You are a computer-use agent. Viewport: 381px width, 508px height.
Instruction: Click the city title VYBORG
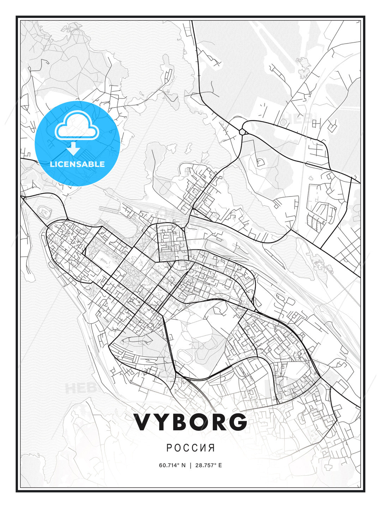[x=190, y=422]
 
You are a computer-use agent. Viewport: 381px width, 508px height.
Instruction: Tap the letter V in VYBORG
[x=144, y=422]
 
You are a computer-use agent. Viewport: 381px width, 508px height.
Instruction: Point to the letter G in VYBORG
[x=237, y=422]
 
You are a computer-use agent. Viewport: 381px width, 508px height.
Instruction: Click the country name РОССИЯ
[x=190, y=448]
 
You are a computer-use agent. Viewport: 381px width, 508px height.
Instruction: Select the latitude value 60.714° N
[x=172, y=465]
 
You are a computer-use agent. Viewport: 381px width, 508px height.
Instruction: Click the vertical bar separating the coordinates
[x=190, y=465]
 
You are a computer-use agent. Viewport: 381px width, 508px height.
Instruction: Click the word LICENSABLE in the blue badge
[x=77, y=164]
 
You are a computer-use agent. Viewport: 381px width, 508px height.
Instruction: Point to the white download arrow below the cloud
[x=73, y=148]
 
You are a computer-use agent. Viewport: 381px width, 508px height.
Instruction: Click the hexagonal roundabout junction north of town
[x=243, y=132]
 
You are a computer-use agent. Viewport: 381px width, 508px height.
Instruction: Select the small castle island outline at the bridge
[x=44, y=212]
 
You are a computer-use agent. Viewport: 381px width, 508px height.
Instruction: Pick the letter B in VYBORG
[x=179, y=422]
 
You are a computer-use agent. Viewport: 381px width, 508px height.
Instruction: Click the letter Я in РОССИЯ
[x=212, y=448]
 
